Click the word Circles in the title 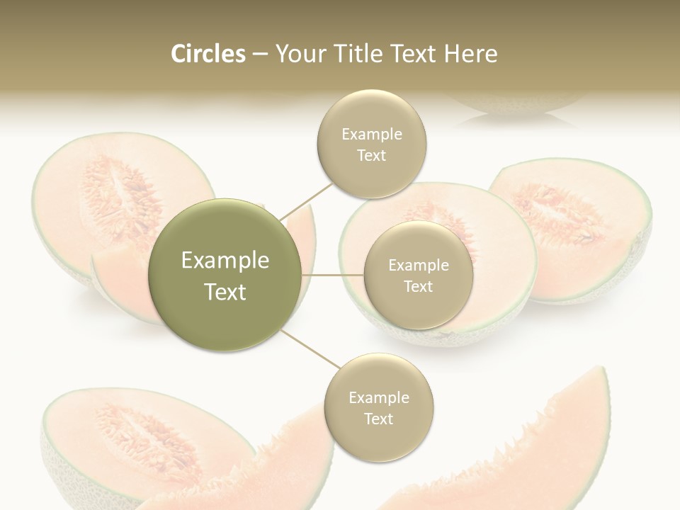pos(208,54)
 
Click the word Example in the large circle pos(225,260)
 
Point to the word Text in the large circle pos(225,292)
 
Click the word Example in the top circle pos(372,134)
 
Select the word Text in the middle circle pos(418,286)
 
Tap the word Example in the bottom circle pos(379,397)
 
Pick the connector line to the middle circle pos(332,274)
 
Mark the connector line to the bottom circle pos(312,351)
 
